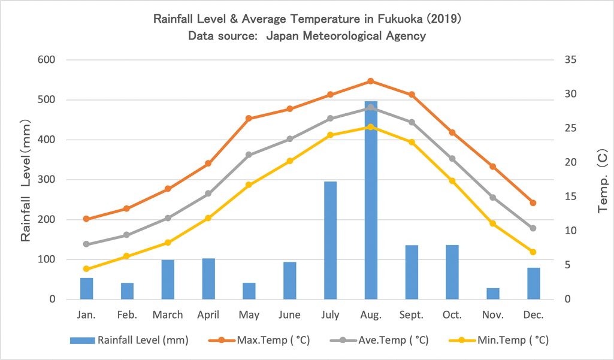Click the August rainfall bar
click(371, 201)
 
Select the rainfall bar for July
click(330, 240)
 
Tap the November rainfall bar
click(493, 294)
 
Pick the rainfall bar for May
click(249, 291)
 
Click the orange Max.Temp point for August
click(371, 81)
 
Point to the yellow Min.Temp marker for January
click(86, 269)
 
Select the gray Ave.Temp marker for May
click(249, 155)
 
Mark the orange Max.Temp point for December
click(533, 203)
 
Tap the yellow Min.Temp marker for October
click(452, 181)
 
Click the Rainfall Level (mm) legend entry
click(129, 341)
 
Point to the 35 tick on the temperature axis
click(568, 60)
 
